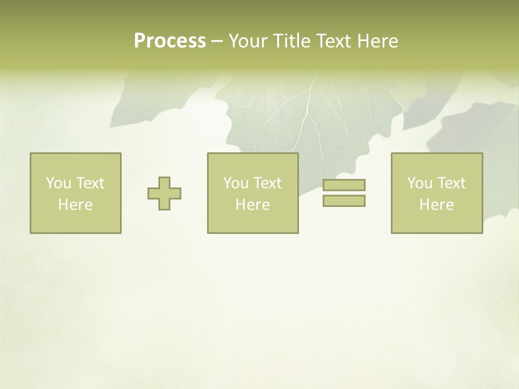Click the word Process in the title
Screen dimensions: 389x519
pyautogui.click(x=170, y=41)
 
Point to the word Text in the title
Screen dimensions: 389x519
pyautogui.click(x=335, y=41)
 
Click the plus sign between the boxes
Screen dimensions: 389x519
pyautogui.click(x=164, y=193)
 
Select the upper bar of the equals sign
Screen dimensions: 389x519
pyautogui.click(x=344, y=185)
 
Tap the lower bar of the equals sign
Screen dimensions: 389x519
pyautogui.click(x=344, y=201)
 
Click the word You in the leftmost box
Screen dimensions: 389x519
pyautogui.click(x=58, y=183)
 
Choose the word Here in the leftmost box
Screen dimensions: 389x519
pyautogui.click(x=75, y=205)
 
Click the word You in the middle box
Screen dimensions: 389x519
pyautogui.click(x=236, y=183)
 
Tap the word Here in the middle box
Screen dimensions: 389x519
pyautogui.click(x=252, y=205)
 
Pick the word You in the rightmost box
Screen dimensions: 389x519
pyautogui.click(x=420, y=183)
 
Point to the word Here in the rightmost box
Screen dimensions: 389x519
pyautogui.click(x=436, y=205)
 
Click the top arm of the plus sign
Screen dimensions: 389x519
pyautogui.click(x=164, y=183)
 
